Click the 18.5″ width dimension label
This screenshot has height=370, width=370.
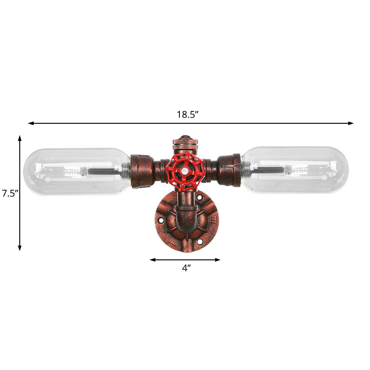pos(188,114)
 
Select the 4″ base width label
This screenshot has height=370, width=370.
pos(185,268)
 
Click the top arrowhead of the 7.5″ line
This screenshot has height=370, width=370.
pos(20,138)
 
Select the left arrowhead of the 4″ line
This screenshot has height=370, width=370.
pos(152,260)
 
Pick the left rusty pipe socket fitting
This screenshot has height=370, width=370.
pos(142,171)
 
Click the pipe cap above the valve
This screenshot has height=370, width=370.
pos(185,142)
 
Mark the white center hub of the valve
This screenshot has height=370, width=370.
pos(184,171)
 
